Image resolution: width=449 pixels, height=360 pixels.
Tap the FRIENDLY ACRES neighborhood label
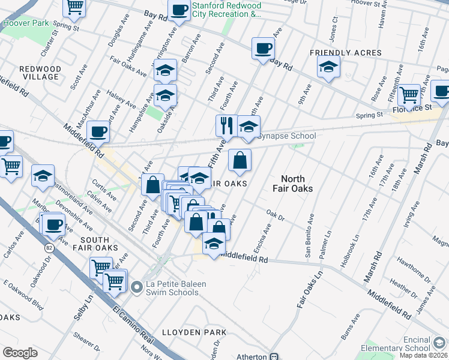coord(337,53)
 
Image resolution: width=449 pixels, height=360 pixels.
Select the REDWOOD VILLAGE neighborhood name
coord(40,73)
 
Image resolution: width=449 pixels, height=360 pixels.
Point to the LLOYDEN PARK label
coord(194,332)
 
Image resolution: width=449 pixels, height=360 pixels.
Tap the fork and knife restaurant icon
coord(226,125)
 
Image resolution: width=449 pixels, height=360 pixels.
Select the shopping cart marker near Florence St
coord(409,94)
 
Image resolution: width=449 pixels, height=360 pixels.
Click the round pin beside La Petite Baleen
coord(136,289)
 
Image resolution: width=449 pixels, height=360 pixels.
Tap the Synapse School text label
coord(286,136)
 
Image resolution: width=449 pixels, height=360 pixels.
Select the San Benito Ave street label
coord(309,235)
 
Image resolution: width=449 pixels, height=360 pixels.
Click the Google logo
coord(20,353)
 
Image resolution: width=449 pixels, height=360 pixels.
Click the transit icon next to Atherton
coord(274,356)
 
